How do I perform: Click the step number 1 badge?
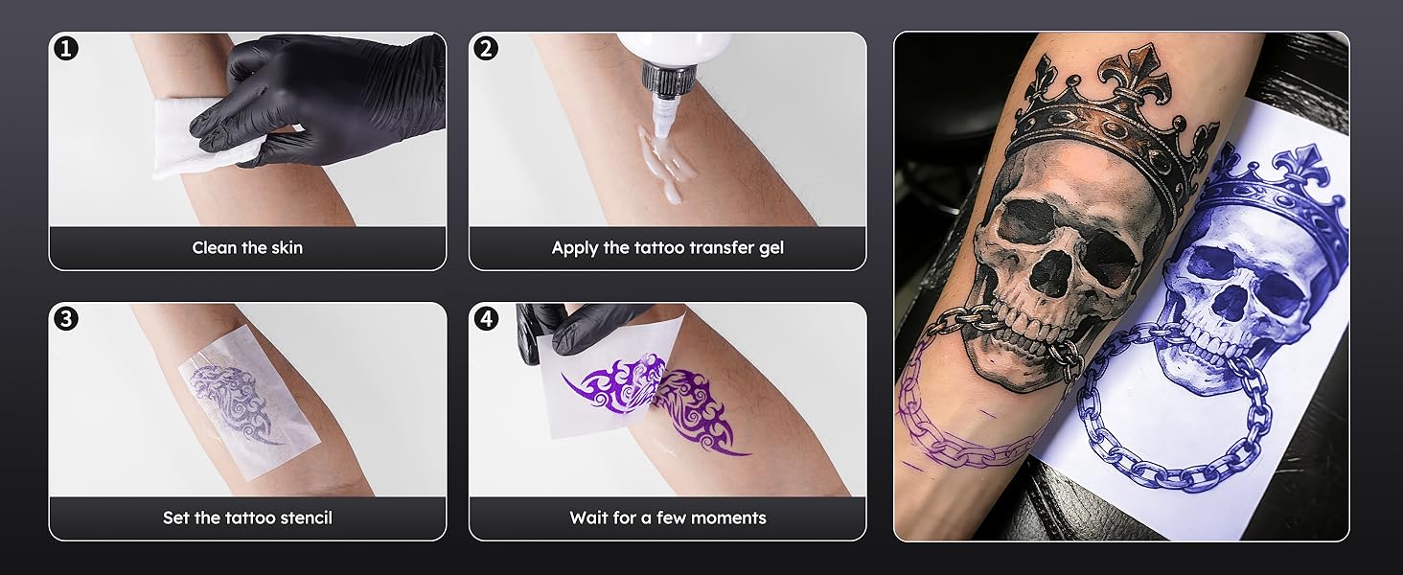[65, 48]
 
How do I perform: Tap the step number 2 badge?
[486, 48]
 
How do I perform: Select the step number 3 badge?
[65, 318]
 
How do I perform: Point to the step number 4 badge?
[486, 318]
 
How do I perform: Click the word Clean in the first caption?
[215, 248]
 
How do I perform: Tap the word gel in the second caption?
[770, 248]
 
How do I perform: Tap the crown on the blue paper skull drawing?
[1275, 192]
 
